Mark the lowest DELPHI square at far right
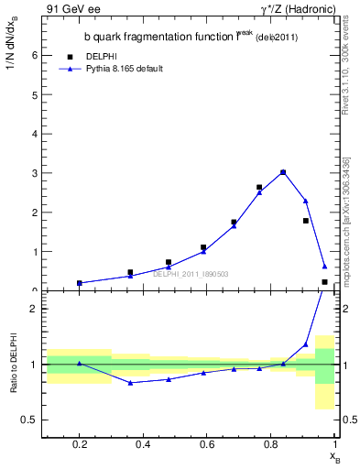pos(325,282)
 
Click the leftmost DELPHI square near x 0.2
pos(80,283)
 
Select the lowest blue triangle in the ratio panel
pos(130,383)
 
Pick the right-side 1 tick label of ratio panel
pos(345,365)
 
